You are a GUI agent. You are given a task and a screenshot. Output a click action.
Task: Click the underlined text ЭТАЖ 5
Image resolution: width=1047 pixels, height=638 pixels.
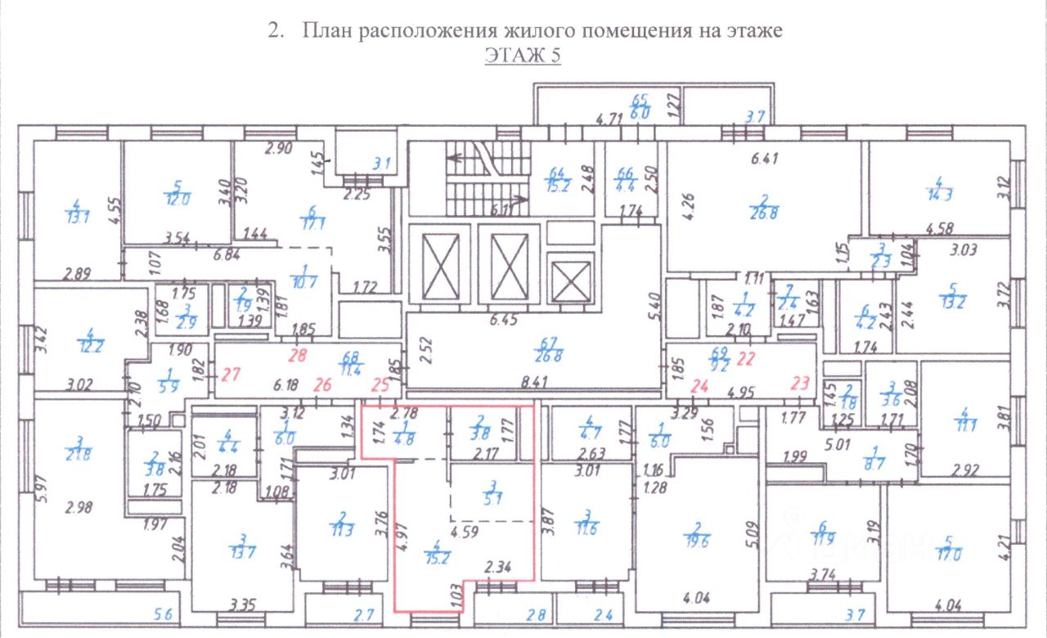[523, 56]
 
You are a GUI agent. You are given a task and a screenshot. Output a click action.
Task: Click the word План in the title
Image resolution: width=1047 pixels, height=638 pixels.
[327, 31]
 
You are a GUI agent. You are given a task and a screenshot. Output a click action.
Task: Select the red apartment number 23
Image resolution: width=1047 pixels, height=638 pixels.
[802, 380]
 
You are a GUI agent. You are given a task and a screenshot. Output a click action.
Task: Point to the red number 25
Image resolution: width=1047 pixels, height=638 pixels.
[380, 384]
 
